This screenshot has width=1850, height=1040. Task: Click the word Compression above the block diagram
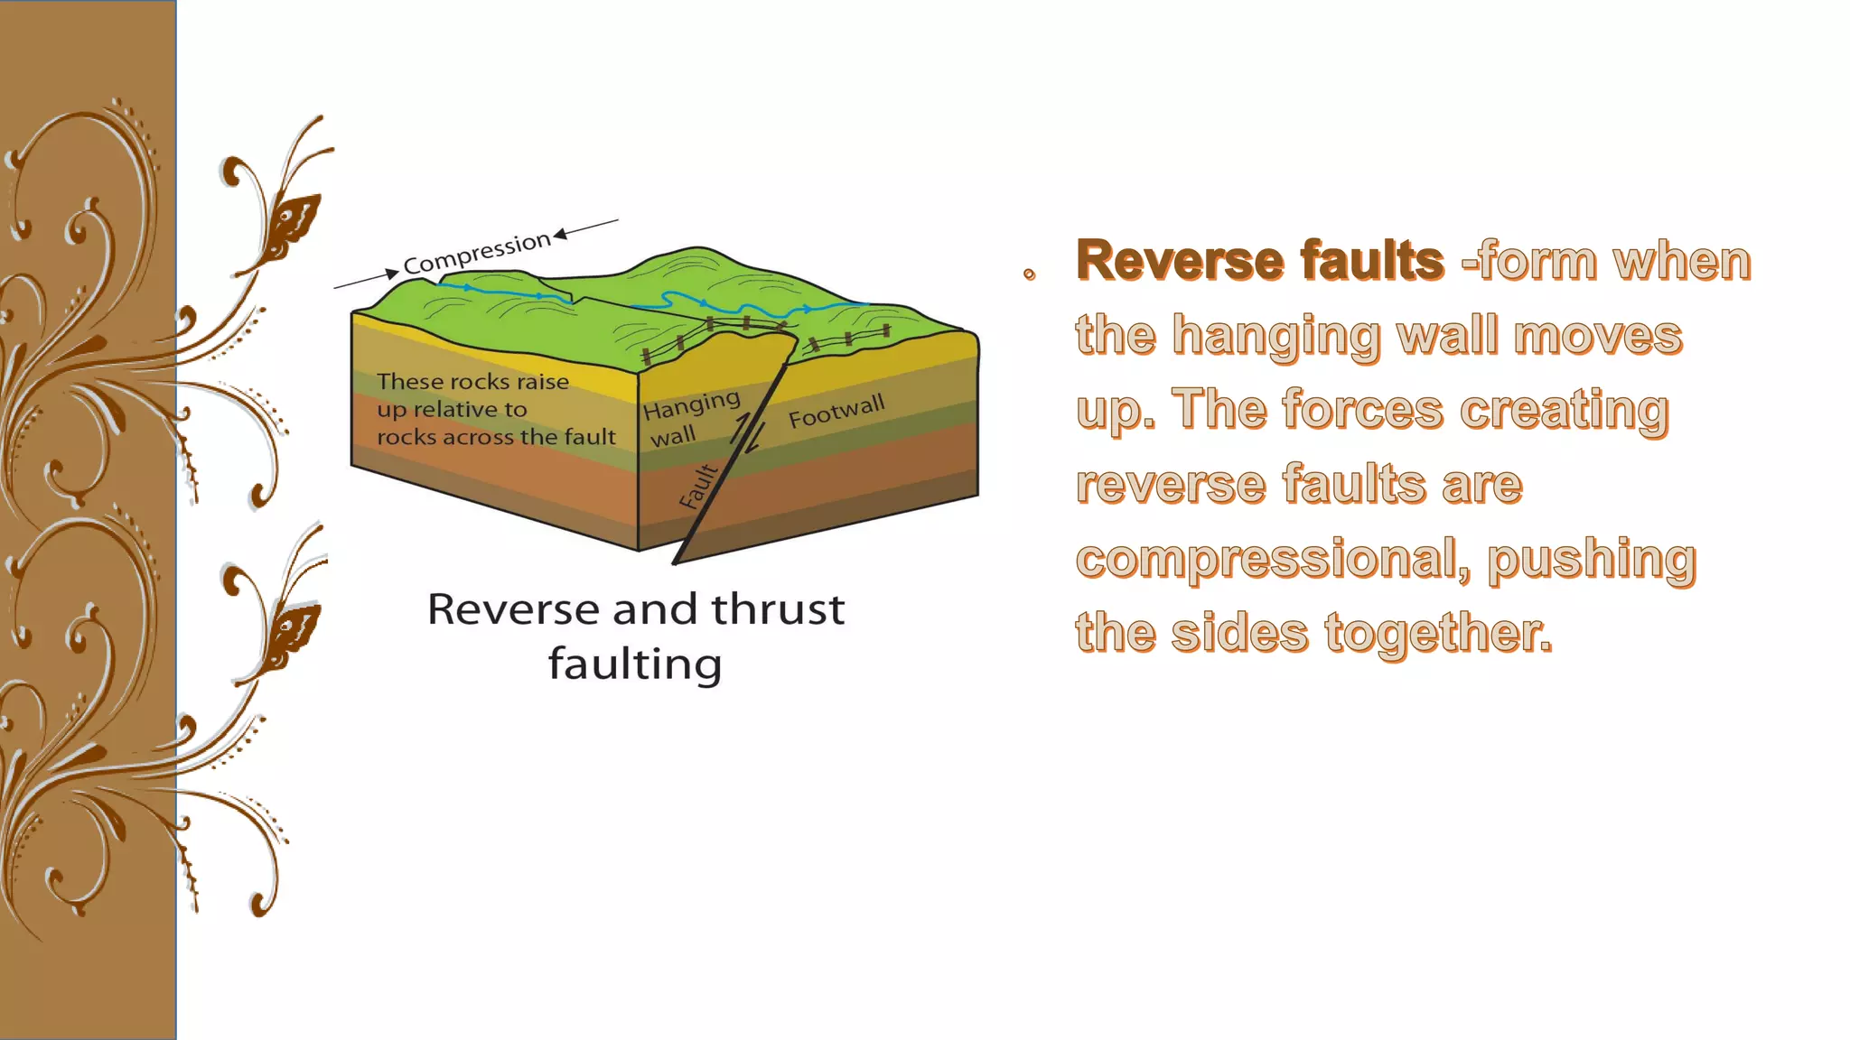pyautogui.click(x=477, y=253)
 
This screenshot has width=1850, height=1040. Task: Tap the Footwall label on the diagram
pyautogui.click(x=836, y=411)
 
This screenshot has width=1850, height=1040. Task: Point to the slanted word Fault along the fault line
pyautogui.click(x=698, y=487)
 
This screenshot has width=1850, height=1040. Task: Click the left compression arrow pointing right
pyautogui.click(x=367, y=279)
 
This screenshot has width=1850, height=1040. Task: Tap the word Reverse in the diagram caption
pyautogui.click(x=515, y=610)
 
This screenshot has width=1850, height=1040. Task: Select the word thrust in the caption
pyautogui.click(x=778, y=610)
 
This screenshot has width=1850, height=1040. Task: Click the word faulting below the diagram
pyautogui.click(x=635, y=665)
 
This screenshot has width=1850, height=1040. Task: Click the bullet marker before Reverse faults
pyautogui.click(x=1029, y=274)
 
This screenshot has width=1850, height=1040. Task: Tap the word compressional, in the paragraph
pyautogui.click(x=1272, y=560)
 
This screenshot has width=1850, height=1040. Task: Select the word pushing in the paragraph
pyautogui.click(x=1592, y=560)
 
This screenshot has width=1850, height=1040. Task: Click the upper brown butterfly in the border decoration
pyautogui.click(x=294, y=221)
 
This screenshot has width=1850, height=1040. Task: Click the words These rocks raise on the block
pyautogui.click(x=472, y=382)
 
